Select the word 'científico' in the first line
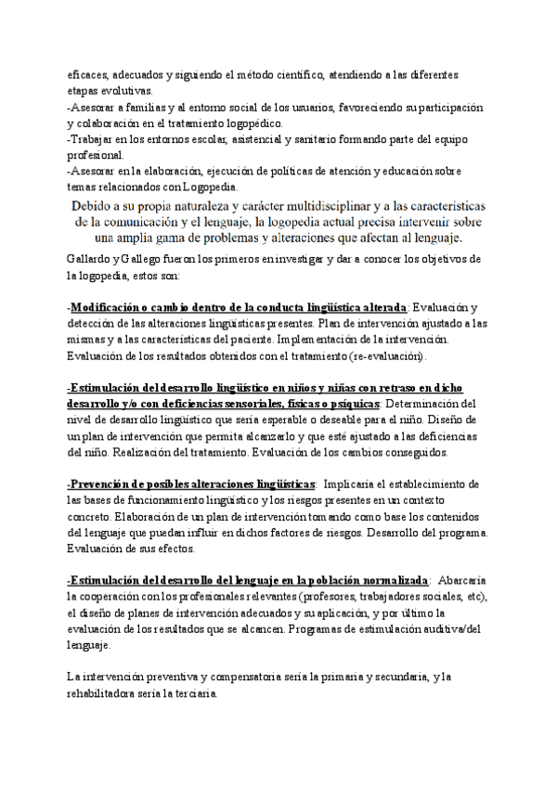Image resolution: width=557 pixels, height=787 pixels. point(297,75)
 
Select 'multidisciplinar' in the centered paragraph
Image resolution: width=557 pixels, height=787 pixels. point(323,205)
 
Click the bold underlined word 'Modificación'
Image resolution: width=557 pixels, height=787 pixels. point(113,307)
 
